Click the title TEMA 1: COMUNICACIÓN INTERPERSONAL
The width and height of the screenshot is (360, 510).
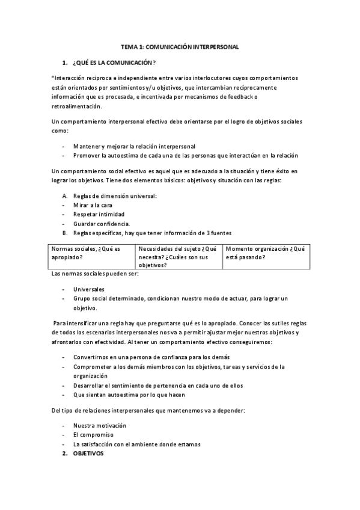coord(180,46)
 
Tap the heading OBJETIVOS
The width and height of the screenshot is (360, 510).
coord(88,453)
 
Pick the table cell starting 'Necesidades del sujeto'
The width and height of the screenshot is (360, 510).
coord(178,256)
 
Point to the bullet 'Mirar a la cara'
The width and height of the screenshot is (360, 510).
coord(92,204)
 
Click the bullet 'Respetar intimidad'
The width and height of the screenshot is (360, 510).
coord(99,214)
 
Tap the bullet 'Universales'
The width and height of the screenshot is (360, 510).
coord(88,289)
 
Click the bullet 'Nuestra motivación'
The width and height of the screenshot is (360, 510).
coord(100,425)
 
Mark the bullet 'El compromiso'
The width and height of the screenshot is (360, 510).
coord(93,434)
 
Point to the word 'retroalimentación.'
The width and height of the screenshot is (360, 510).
coord(77,107)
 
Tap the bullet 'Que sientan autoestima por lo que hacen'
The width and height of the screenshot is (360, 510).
coord(129,395)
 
